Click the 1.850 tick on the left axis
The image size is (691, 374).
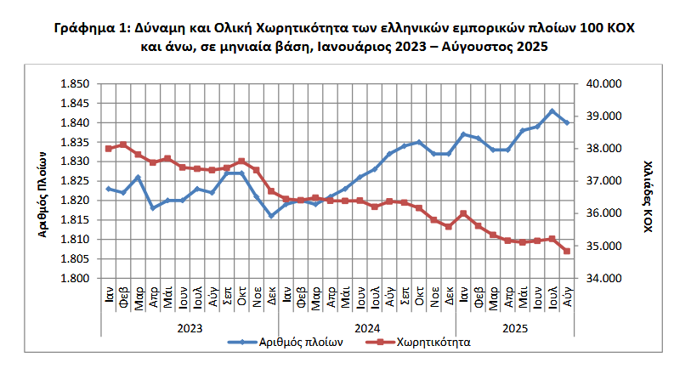(x=72, y=84)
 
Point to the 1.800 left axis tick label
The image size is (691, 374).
(x=72, y=278)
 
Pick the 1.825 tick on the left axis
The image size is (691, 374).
(x=72, y=181)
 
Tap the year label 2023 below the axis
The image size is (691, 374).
(x=190, y=327)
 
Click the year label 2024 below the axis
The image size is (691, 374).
(x=367, y=327)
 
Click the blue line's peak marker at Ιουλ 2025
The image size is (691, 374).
(x=552, y=111)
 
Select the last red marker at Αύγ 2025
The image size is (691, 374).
(x=567, y=252)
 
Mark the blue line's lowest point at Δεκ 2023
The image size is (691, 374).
(x=271, y=216)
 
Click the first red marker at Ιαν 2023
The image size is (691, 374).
(x=109, y=149)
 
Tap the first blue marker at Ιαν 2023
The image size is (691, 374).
(x=109, y=189)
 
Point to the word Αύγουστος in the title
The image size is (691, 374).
(x=471, y=47)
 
